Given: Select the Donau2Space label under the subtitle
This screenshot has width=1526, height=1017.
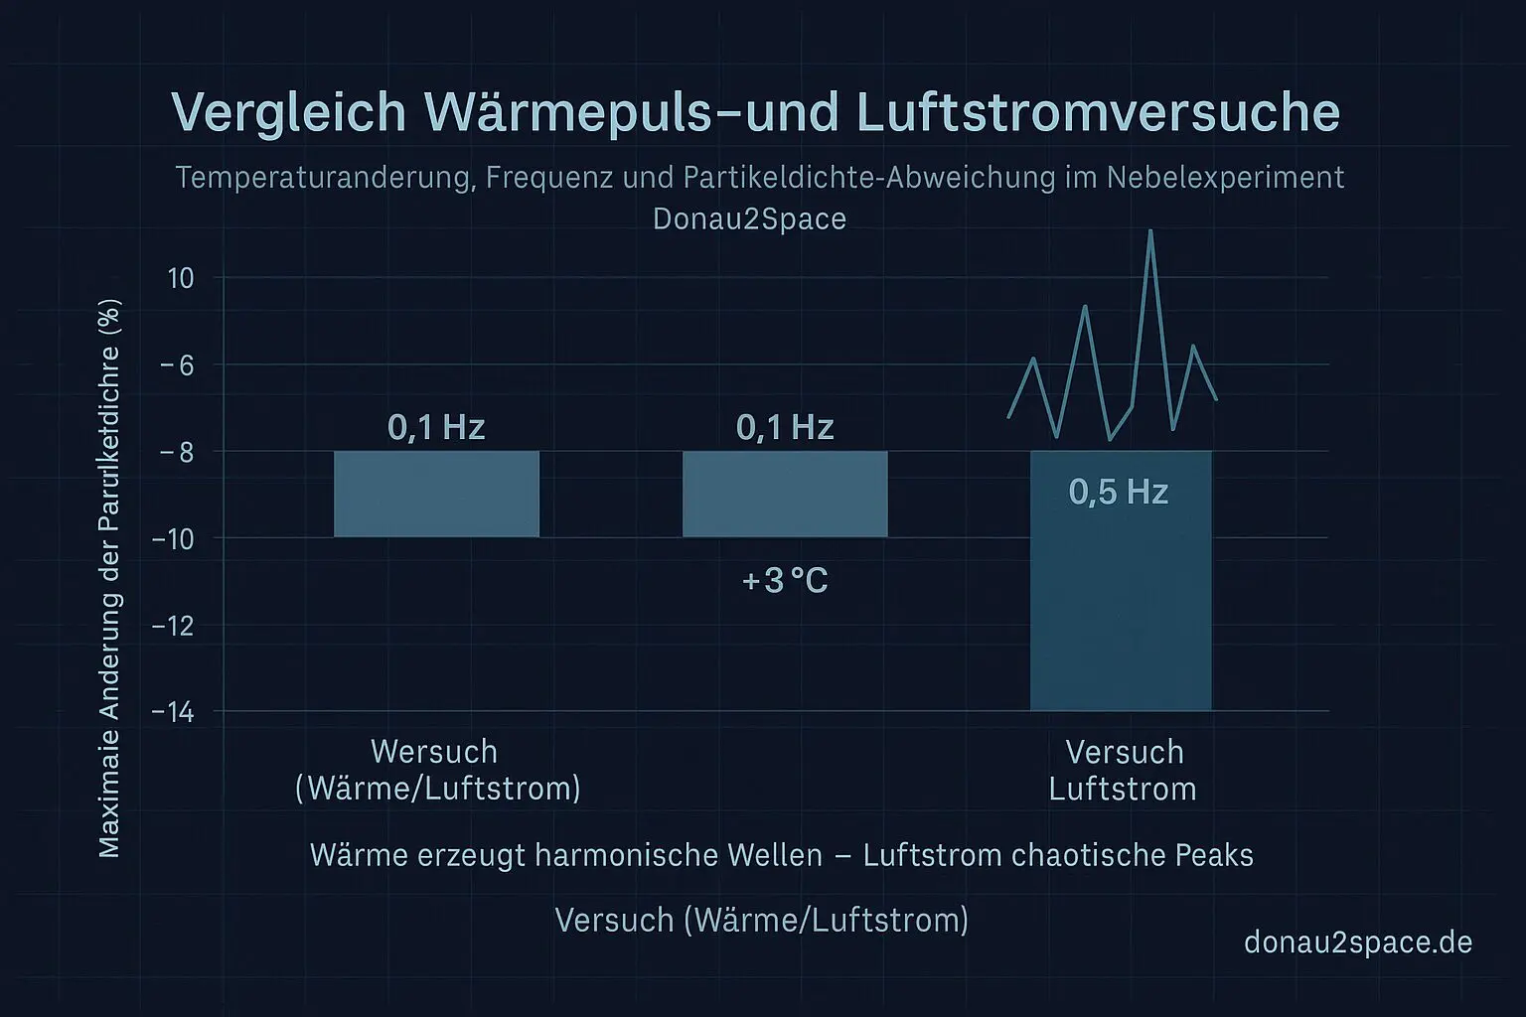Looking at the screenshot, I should pos(749,218).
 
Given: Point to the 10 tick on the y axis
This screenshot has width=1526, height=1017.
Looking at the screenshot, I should pos(181,278).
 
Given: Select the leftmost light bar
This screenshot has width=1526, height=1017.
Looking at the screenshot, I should pos(436,494).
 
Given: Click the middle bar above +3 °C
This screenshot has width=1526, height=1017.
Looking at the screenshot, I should pos(785,494).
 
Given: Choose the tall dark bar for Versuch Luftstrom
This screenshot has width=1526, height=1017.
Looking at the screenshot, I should pos(1121,606).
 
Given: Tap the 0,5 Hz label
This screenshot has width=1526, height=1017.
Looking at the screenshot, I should pos(1119,492).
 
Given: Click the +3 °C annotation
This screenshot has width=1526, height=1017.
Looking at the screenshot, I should pos(785,580).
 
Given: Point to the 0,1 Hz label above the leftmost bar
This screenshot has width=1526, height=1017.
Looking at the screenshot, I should pos(436,427).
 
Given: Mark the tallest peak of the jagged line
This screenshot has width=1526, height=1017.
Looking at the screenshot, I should pos(1150,232).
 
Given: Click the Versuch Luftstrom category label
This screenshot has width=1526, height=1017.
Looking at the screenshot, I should pos(1124,771).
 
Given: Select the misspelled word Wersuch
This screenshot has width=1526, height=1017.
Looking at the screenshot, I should pos(433,752).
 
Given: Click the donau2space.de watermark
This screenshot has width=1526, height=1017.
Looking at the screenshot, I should pos(1357,942).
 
